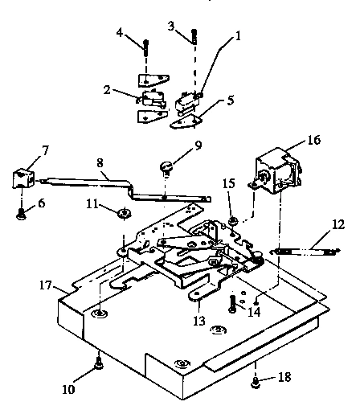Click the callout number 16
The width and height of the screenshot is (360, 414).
312,139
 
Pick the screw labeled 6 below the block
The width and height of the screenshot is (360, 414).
22,211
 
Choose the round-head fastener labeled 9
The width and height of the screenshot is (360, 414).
166,168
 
